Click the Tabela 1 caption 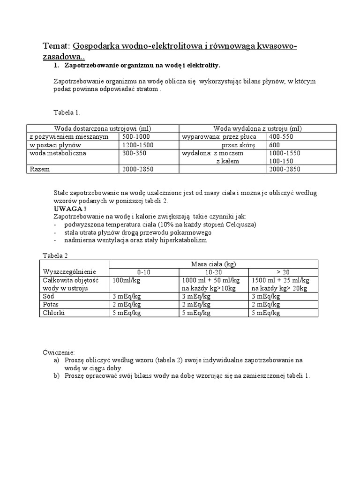click(67, 112)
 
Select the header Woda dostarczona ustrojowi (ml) click(103, 128)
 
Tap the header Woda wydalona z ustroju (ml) click(257, 128)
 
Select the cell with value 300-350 click(134, 153)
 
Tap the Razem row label click(39, 169)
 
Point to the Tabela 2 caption click(55, 255)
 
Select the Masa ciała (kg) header click(214, 264)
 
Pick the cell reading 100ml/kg click(127, 280)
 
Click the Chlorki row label click(53, 313)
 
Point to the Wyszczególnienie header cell click(69, 272)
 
